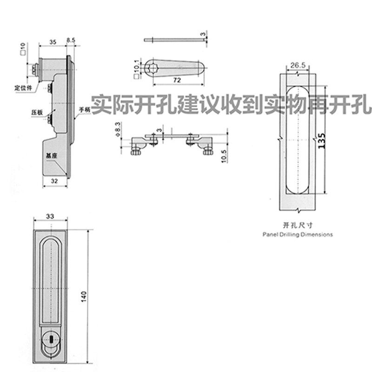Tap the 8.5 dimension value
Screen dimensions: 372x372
click(71, 42)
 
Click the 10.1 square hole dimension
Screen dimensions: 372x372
click(136, 66)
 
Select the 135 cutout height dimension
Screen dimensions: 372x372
click(320, 139)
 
